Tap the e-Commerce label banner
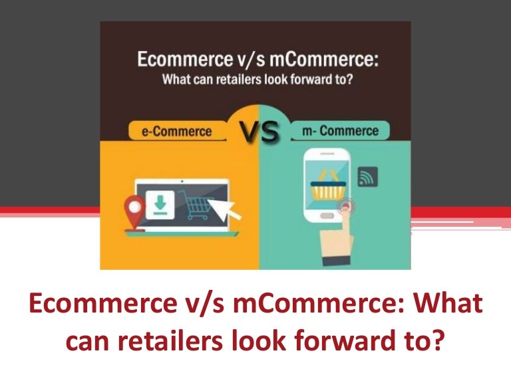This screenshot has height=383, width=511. (x=176, y=130)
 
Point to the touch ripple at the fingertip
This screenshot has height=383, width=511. (x=345, y=207)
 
